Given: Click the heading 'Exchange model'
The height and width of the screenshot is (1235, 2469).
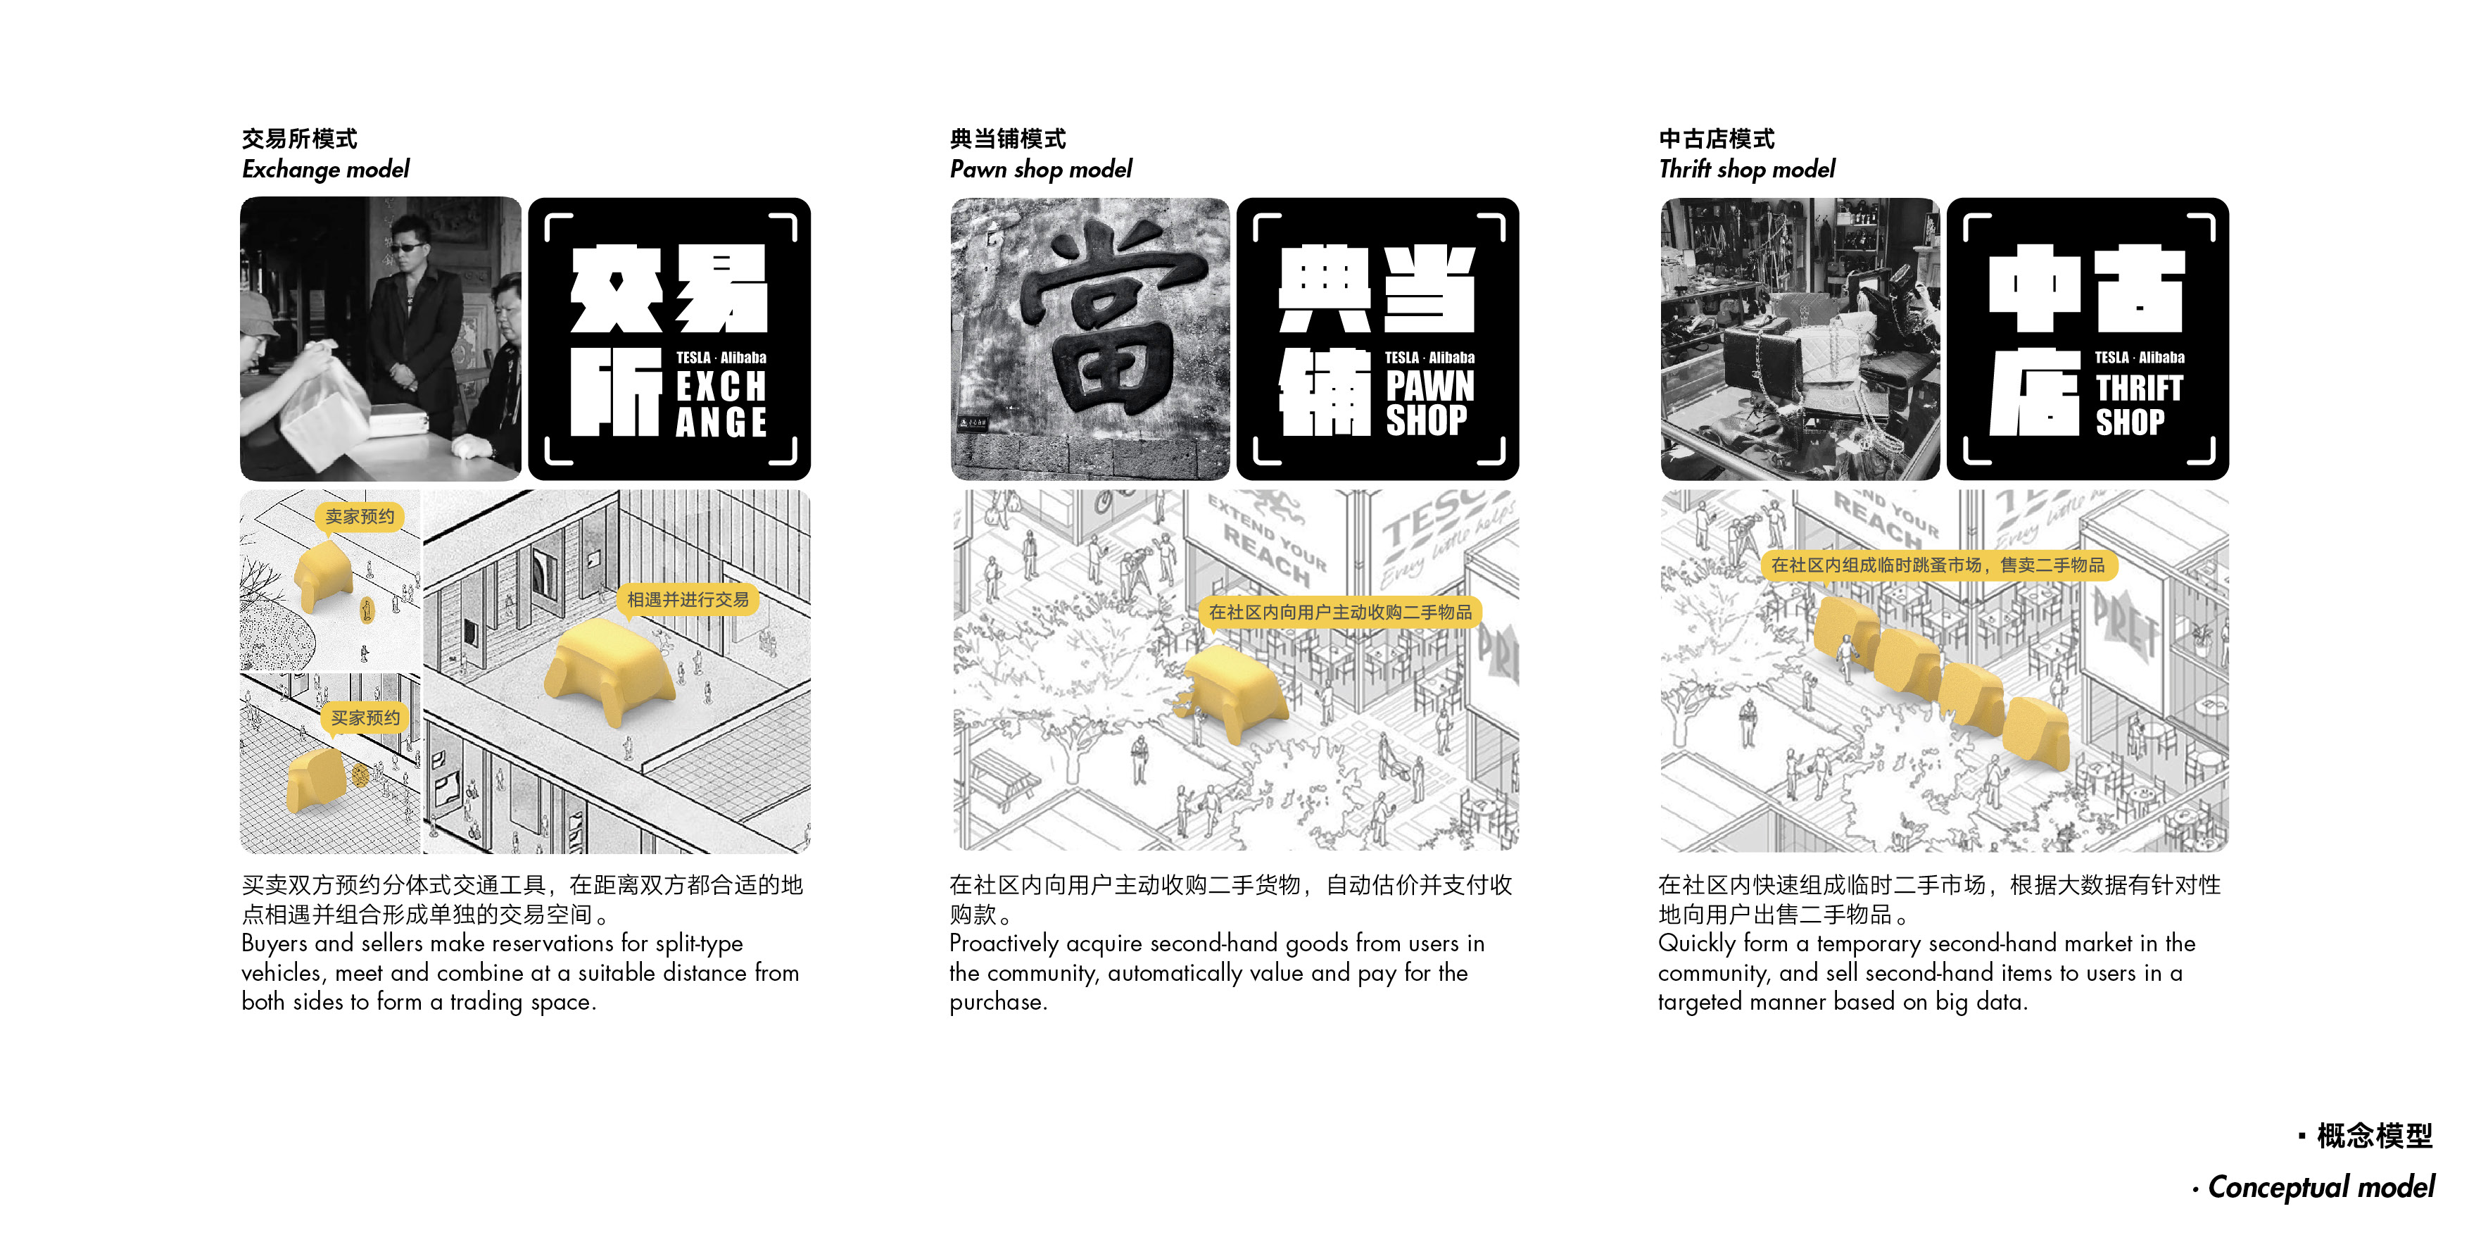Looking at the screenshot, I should click(325, 170).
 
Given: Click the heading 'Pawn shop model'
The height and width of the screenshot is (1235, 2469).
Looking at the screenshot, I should click(1040, 170).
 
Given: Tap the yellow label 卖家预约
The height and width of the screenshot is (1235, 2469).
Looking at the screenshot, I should click(360, 517).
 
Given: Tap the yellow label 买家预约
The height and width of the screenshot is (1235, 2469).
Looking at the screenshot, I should click(365, 717).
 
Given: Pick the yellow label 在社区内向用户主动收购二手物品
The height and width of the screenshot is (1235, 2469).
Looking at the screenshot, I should click(1340, 612).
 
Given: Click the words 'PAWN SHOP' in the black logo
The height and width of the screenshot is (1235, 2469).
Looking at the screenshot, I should click(1429, 403).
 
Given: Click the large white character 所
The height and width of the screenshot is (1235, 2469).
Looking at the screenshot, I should click(615, 392).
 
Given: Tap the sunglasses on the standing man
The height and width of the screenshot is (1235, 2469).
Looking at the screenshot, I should click(405, 247).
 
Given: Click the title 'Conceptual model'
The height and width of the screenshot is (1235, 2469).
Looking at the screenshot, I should click(2320, 1187).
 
